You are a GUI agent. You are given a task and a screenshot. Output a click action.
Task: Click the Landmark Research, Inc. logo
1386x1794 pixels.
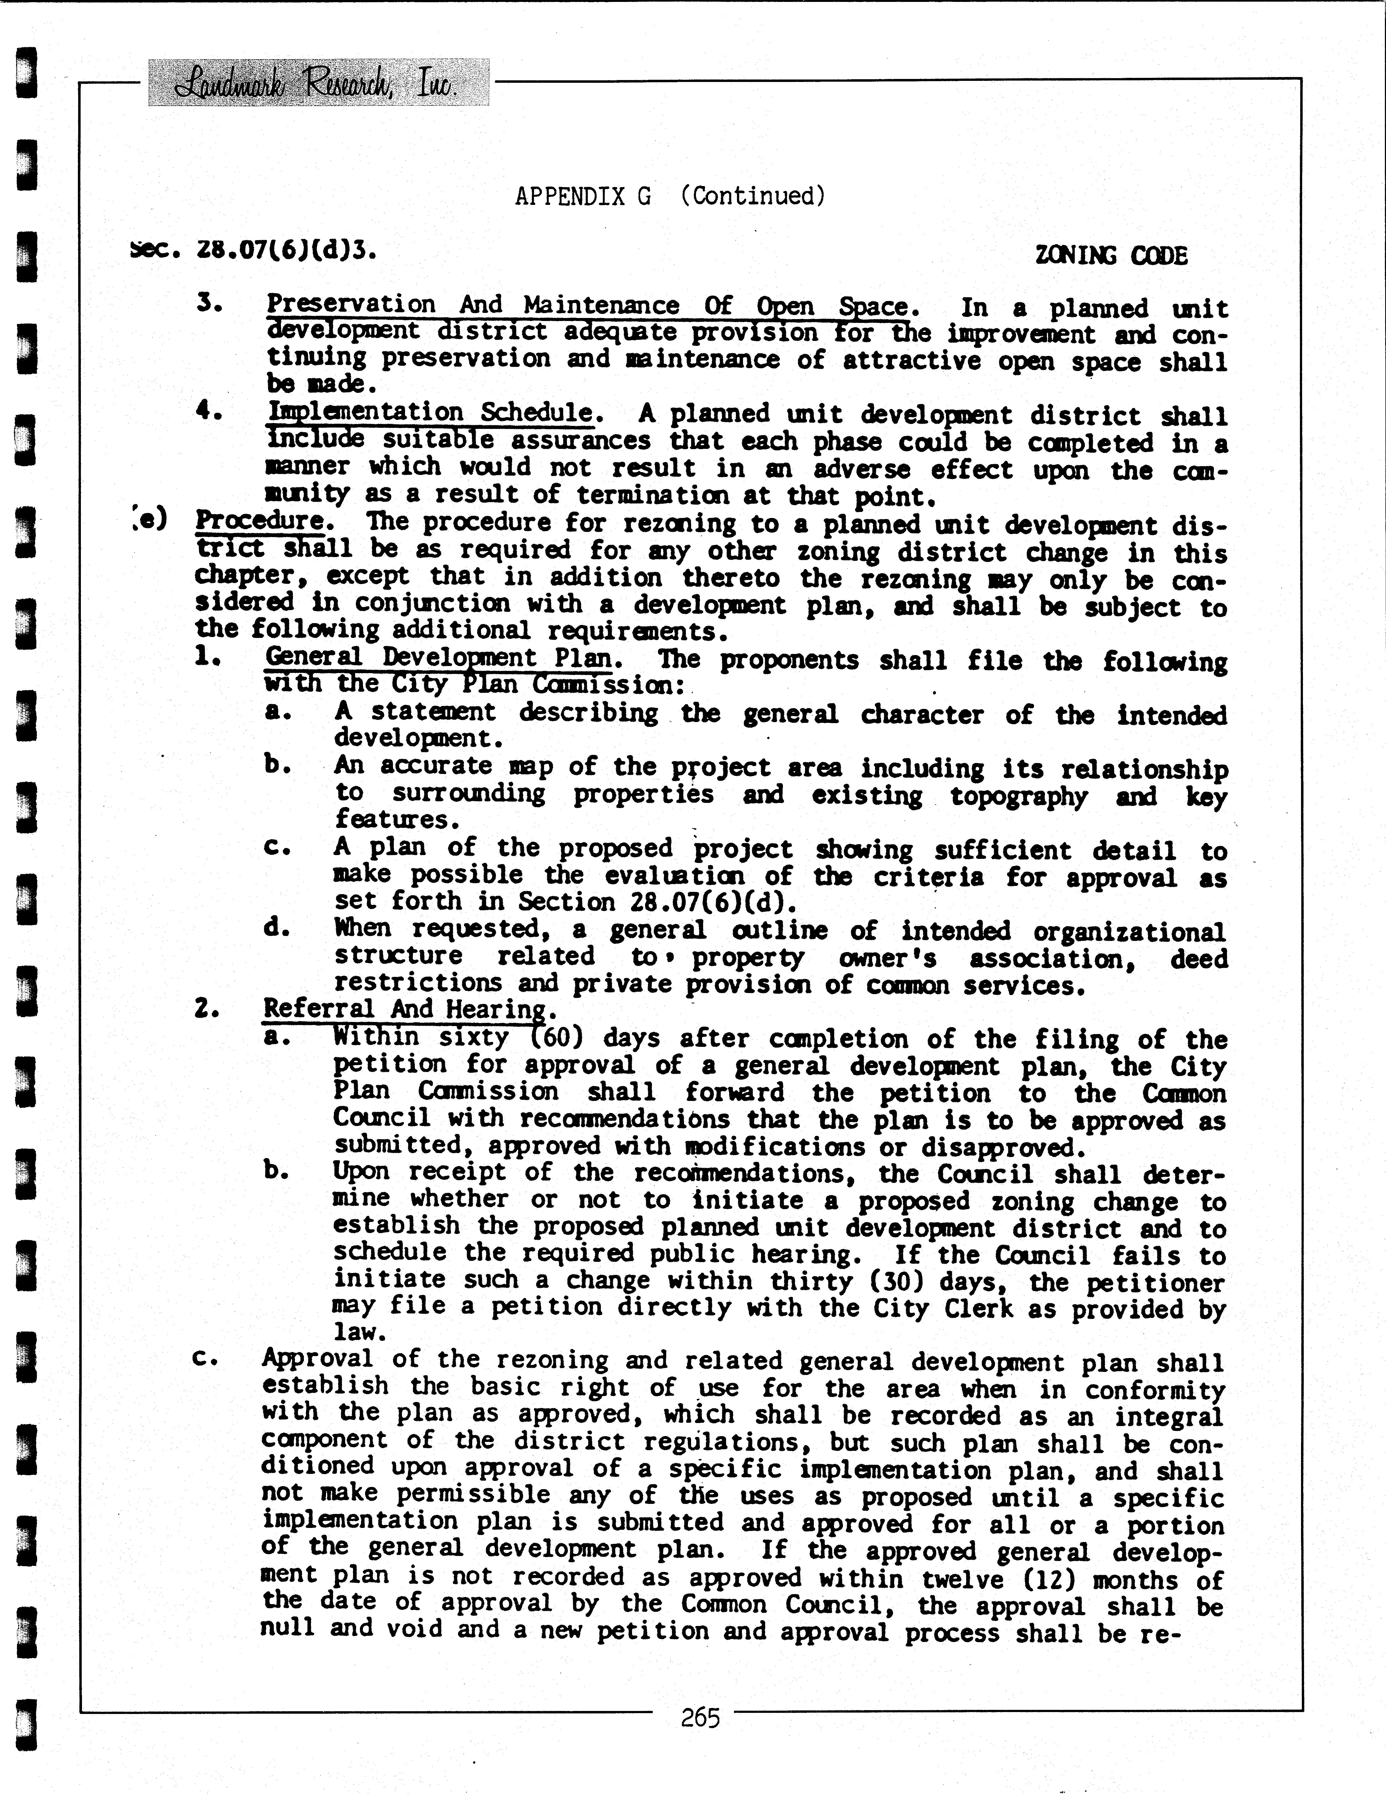(318, 83)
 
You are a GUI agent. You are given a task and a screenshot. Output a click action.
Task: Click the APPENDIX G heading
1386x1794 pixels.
(583, 196)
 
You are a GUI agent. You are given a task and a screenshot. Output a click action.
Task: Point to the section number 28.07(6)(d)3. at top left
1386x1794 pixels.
(255, 250)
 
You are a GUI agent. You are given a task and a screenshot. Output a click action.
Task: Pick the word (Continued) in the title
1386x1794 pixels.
(753, 196)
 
